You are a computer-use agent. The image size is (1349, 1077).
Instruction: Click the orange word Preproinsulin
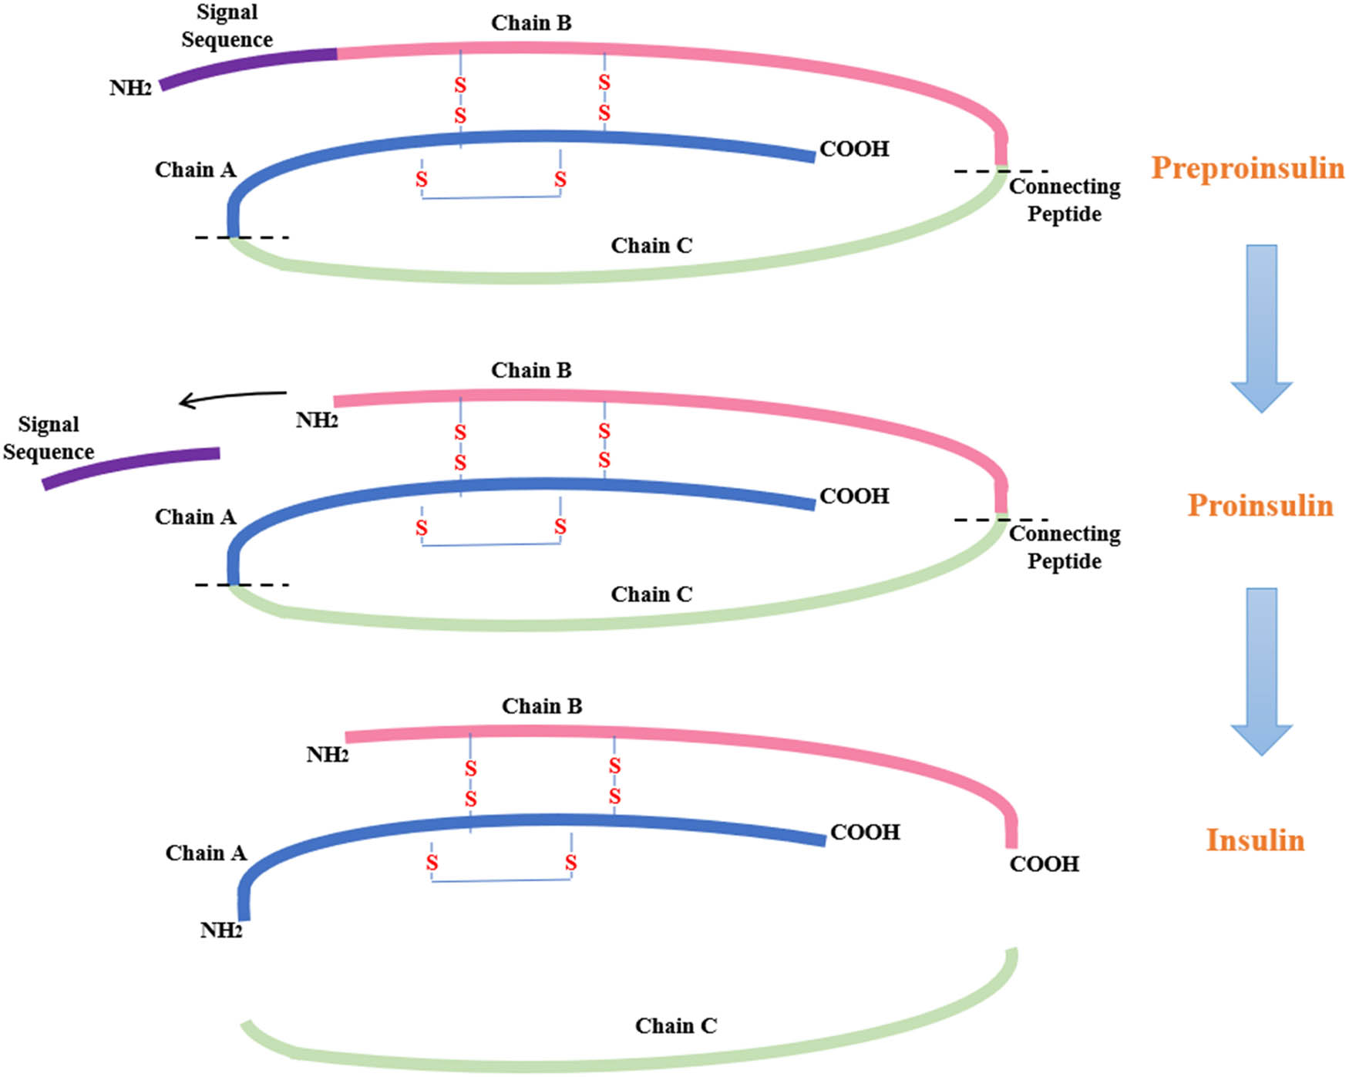(1247, 168)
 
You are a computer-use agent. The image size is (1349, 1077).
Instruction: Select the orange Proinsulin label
(1260, 506)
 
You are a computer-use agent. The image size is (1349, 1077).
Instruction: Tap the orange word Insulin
(1255, 840)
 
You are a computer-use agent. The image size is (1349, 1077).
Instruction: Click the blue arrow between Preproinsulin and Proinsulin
(1261, 328)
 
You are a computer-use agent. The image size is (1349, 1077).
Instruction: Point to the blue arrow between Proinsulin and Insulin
(1261, 671)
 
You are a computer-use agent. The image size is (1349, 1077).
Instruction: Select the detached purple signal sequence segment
(131, 468)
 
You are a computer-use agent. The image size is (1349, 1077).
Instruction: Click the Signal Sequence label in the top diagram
(227, 26)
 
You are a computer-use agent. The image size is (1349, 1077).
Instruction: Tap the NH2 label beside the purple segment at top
(130, 89)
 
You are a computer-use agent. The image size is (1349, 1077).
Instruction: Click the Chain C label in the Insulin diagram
(675, 1026)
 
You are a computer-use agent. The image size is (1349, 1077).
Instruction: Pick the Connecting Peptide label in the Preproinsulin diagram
(1065, 200)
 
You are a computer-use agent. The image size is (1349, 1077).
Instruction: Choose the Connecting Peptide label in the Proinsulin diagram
(1065, 547)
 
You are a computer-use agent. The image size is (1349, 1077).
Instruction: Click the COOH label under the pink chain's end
(1044, 864)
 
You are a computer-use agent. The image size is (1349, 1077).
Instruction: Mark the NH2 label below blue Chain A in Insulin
(221, 931)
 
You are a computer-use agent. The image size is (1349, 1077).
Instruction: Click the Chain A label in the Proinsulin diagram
(195, 517)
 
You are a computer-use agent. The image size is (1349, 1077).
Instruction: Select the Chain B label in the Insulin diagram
(542, 706)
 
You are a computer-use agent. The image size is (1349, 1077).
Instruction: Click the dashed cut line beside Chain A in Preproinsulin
(242, 237)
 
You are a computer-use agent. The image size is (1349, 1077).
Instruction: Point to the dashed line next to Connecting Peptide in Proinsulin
(1001, 520)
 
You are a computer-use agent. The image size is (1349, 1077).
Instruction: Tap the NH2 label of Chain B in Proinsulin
(317, 421)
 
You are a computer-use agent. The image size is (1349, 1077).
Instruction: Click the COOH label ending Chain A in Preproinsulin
(854, 149)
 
